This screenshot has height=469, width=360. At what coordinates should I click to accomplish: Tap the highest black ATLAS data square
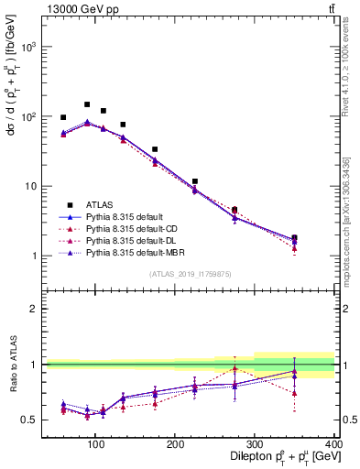click(x=87, y=104)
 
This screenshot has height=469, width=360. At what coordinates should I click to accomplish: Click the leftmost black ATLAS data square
click(x=63, y=117)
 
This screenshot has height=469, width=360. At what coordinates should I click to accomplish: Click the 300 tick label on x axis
click(x=254, y=443)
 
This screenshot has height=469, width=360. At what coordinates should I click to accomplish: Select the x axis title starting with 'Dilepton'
click(x=274, y=458)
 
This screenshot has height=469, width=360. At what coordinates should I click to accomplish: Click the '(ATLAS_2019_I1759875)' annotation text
click(x=190, y=273)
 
